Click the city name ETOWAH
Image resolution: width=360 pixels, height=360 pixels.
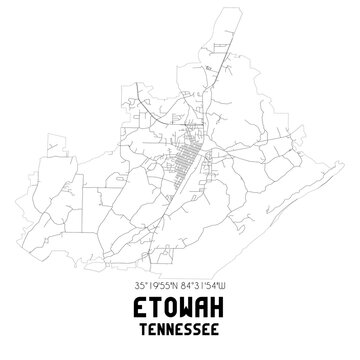(180, 315)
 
